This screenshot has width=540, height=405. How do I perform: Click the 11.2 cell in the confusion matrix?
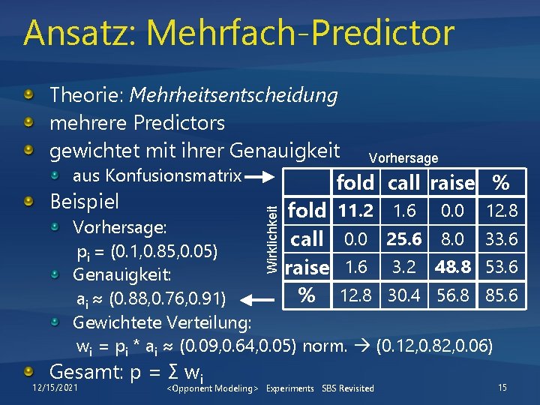pyautogui.click(x=355, y=211)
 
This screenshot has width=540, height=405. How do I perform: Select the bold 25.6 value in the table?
pyautogui.click(x=404, y=240)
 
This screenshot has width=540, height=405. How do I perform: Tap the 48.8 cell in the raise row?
pyautogui.click(x=453, y=268)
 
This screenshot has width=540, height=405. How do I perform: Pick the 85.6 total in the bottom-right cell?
pyautogui.click(x=502, y=295)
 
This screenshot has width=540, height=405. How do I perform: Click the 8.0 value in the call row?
pyautogui.click(x=453, y=240)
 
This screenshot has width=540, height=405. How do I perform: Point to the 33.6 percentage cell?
pyautogui.click(x=502, y=240)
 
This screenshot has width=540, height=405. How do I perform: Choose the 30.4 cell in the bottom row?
pyautogui.click(x=404, y=295)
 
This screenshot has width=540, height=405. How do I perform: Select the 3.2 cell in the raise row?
pyautogui.click(x=404, y=268)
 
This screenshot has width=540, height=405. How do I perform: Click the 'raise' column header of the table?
pyautogui.click(x=453, y=183)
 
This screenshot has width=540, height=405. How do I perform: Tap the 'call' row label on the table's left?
pyautogui.click(x=307, y=240)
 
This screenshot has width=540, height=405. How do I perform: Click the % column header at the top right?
pyautogui.click(x=500, y=183)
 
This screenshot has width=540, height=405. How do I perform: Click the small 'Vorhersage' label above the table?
pyautogui.click(x=403, y=158)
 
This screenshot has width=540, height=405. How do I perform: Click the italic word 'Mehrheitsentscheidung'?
pyautogui.click(x=233, y=95)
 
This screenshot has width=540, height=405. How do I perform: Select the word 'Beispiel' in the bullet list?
pyautogui.click(x=83, y=202)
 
